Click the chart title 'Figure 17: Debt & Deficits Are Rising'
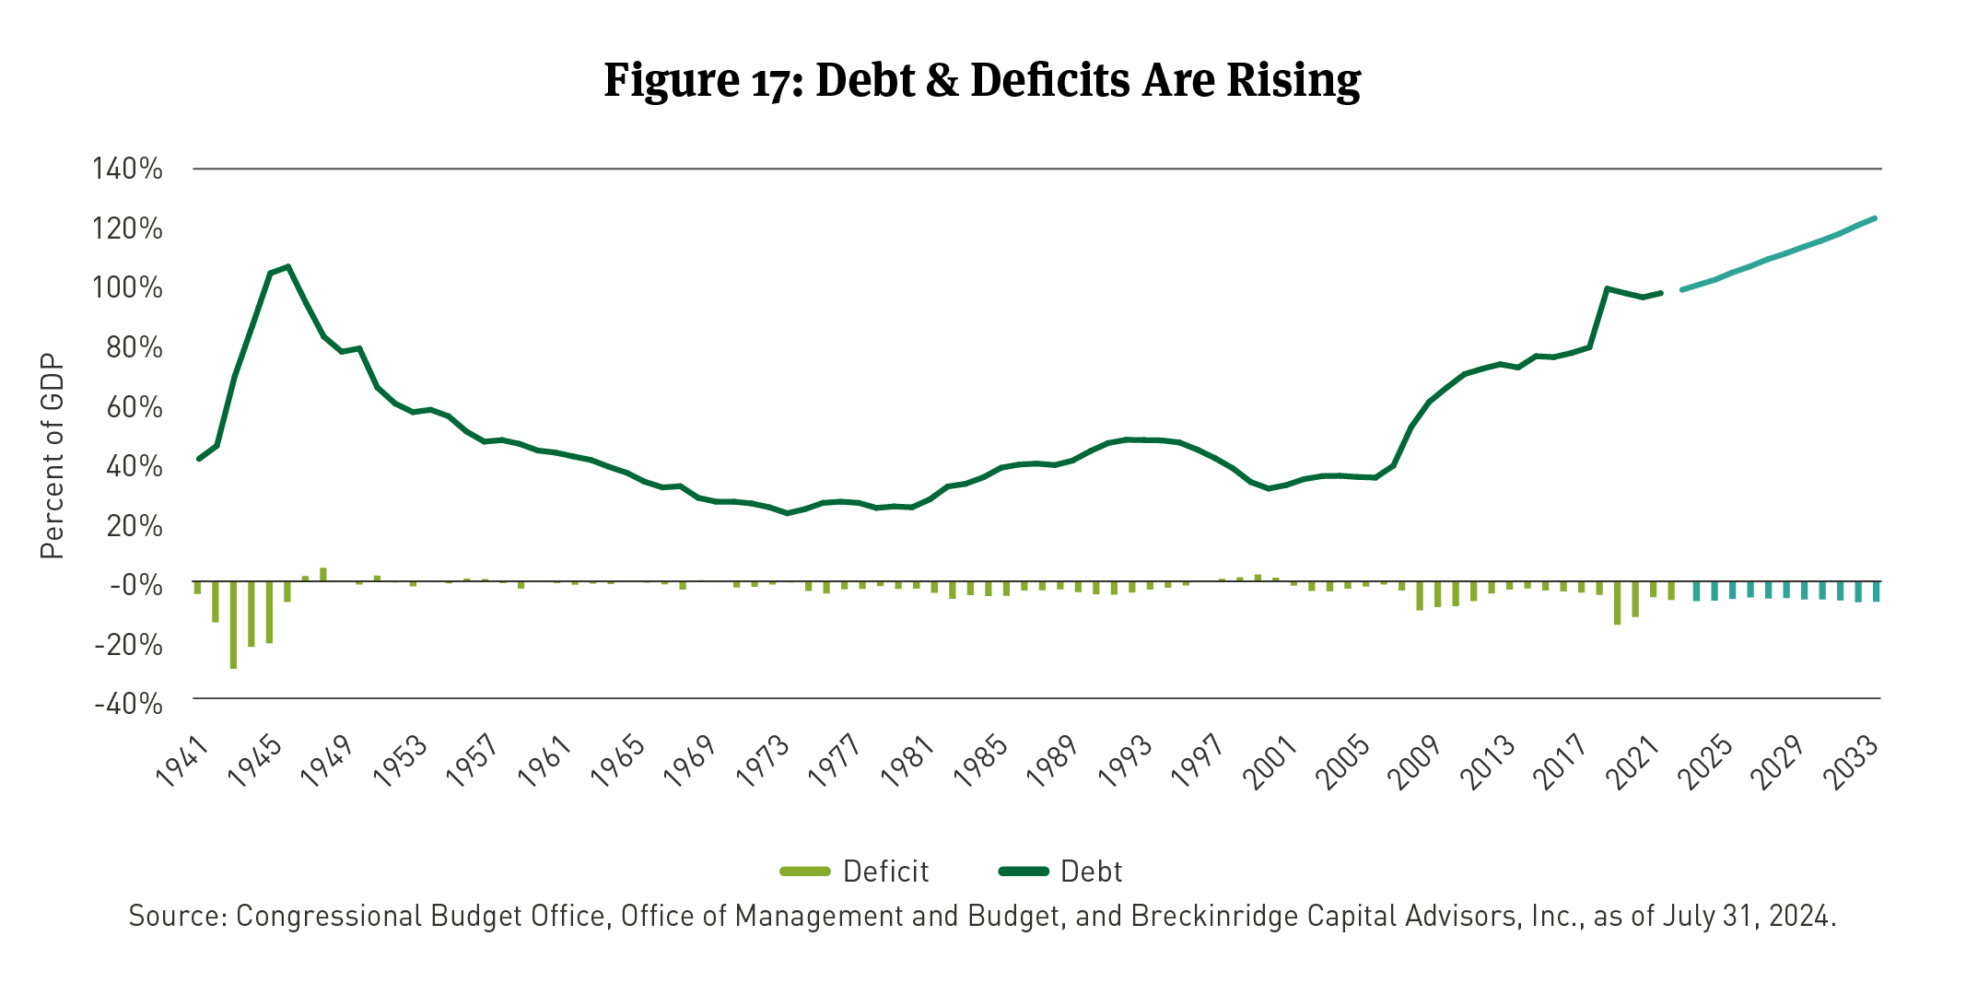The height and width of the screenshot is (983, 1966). [x=982, y=80]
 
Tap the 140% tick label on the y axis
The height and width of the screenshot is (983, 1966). [x=127, y=169]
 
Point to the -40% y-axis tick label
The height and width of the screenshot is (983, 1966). [x=128, y=704]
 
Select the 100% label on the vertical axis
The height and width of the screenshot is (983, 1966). [x=127, y=287]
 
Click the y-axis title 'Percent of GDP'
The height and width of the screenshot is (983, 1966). [x=53, y=456]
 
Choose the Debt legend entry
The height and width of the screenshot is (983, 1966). [x=1061, y=872]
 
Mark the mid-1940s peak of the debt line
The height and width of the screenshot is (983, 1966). [x=288, y=267]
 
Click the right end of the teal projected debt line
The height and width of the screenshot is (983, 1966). [x=1875, y=218]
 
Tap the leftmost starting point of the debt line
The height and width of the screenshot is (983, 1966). [x=199, y=459]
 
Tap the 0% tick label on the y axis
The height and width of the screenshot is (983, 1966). [x=135, y=585]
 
